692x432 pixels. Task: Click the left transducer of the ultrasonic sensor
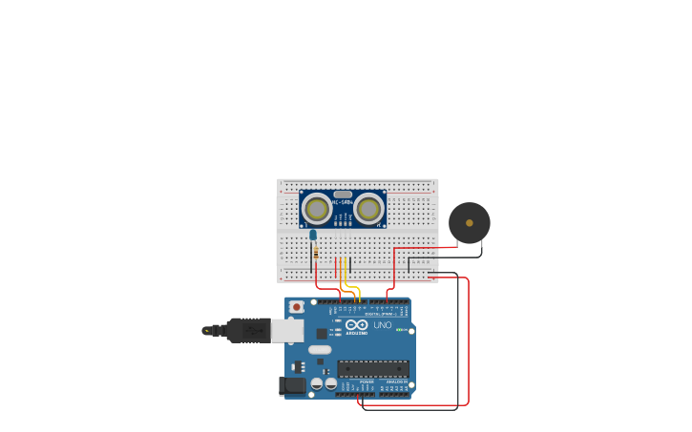coord(317,207)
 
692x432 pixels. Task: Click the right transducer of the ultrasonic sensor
coord(370,207)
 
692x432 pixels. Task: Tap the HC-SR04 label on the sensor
coord(343,202)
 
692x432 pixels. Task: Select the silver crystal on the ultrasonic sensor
coord(343,194)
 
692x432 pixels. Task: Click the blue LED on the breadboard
coord(312,235)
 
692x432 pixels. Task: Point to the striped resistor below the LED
coord(316,252)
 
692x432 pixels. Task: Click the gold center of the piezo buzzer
coord(469,222)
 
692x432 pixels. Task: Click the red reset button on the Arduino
coord(297,307)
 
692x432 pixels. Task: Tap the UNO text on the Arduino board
coord(382,325)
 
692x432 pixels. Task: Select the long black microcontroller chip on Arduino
coord(373,368)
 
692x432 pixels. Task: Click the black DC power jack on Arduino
coord(292,385)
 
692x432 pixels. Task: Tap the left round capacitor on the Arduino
coord(317,383)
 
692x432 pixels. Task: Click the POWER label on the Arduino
coord(367,381)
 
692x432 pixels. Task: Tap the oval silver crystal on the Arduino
coord(319,349)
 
